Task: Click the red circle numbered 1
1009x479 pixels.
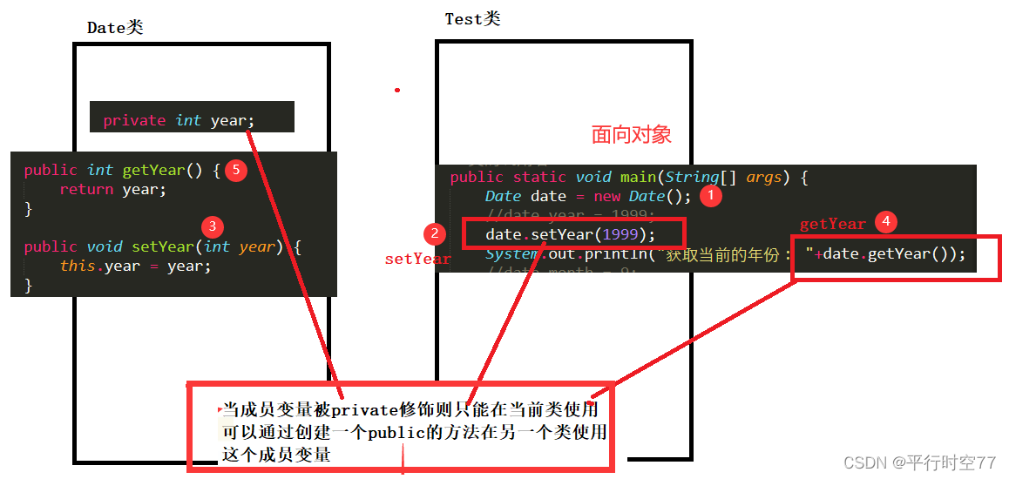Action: [711, 196]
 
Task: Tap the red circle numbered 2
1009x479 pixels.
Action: [435, 233]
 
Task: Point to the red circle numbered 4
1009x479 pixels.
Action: [885, 222]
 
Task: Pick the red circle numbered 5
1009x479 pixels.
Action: [234, 170]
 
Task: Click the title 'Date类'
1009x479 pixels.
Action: [115, 28]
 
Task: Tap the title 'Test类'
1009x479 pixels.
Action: [472, 19]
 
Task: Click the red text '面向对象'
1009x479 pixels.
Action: [632, 134]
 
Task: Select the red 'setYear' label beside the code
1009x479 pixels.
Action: [417, 259]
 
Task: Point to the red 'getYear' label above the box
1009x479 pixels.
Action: [832, 224]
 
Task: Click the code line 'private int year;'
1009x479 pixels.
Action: [179, 120]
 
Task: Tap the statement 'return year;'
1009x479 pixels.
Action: [112, 189]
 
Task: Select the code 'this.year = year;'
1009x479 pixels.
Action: [135, 266]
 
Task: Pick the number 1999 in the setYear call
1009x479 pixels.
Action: [625, 234]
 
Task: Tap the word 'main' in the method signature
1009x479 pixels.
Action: [638, 178]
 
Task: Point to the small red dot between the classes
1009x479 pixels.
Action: [397, 90]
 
